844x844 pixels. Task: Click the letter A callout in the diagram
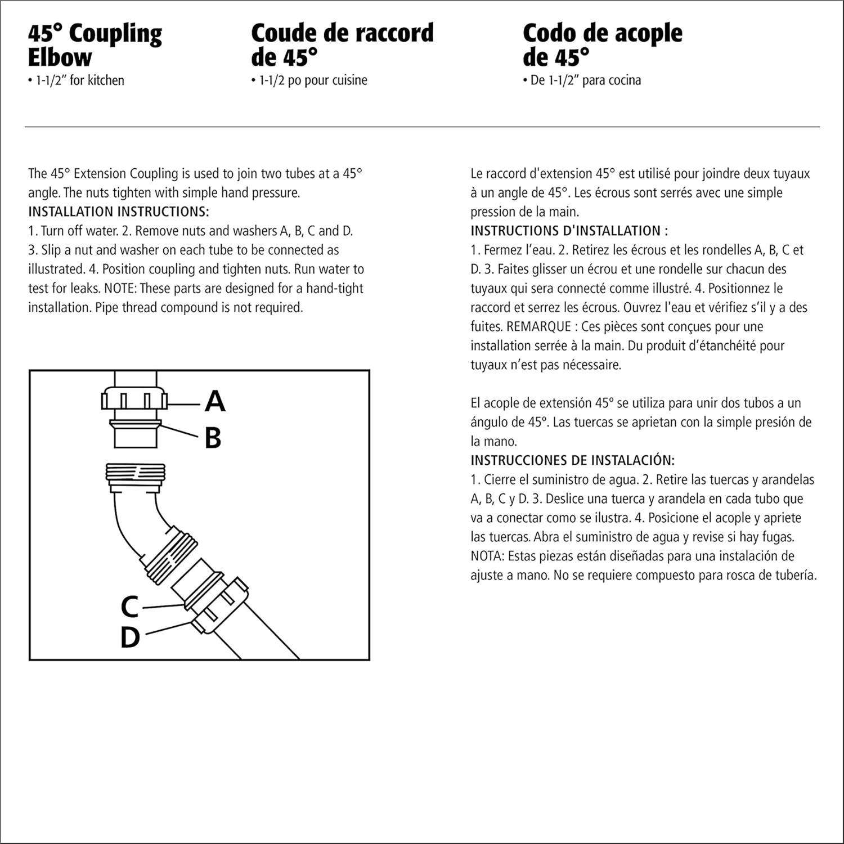pos(215,402)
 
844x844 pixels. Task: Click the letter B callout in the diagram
pos(213,438)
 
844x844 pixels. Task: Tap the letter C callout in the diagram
pos(130,607)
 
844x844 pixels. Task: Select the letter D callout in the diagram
pos(130,638)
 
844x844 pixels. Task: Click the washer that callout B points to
pos(136,424)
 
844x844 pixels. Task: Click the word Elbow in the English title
pos(60,57)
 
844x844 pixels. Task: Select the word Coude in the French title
pos(284,33)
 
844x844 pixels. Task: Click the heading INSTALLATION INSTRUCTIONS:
pos(119,212)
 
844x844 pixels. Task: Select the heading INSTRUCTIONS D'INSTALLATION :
pos(569,231)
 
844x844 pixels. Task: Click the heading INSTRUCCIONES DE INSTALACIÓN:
pos(572,460)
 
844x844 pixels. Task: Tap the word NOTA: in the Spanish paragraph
pos(487,556)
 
